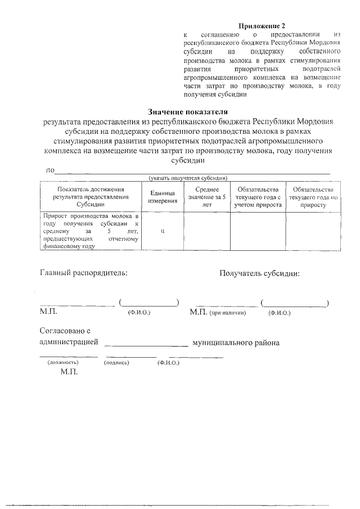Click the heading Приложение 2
(x=263, y=26)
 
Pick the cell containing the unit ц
(x=163, y=231)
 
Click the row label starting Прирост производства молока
(x=90, y=231)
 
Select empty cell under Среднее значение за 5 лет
(x=206, y=231)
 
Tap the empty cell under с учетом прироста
(x=258, y=231)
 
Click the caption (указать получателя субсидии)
(x=187, y=178)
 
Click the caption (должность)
(x=62, y=363)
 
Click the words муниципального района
(x=236, y=343)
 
